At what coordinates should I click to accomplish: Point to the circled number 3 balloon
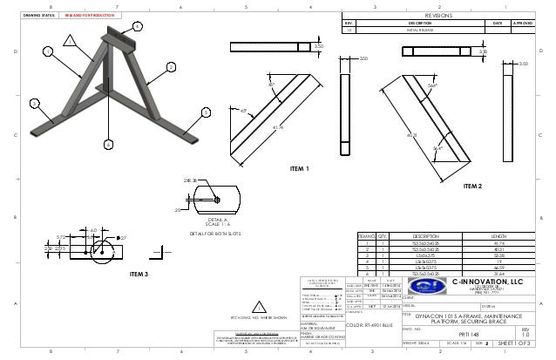[x=34, y=103]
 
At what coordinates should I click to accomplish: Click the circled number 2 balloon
[x=171, y=67]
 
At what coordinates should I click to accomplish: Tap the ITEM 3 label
[x=139, y=274]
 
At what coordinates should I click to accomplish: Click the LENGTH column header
[x=498, y=235]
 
